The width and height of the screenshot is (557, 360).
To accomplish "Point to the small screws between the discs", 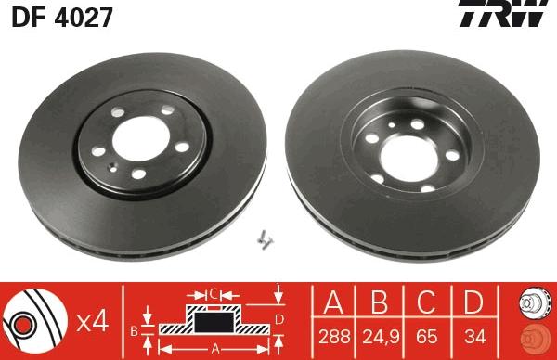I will pyautogui.click(x=267, y=238).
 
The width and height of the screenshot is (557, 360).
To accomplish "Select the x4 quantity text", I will pyautogui.click(x=91, y=322).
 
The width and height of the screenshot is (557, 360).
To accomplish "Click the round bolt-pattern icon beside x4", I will pyautogui.click(x=34, y=321).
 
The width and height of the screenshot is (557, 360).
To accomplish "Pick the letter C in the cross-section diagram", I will pyautogui.click(x=214, y=294).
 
